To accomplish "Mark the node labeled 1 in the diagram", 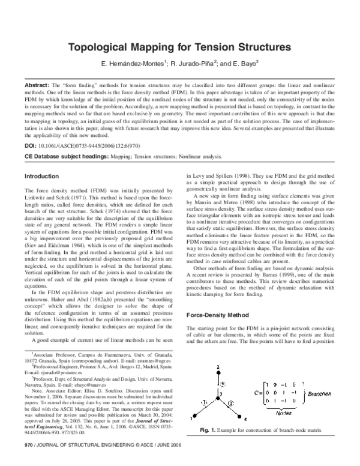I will (194, 417).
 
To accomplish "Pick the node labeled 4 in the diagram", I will (239, 417).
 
